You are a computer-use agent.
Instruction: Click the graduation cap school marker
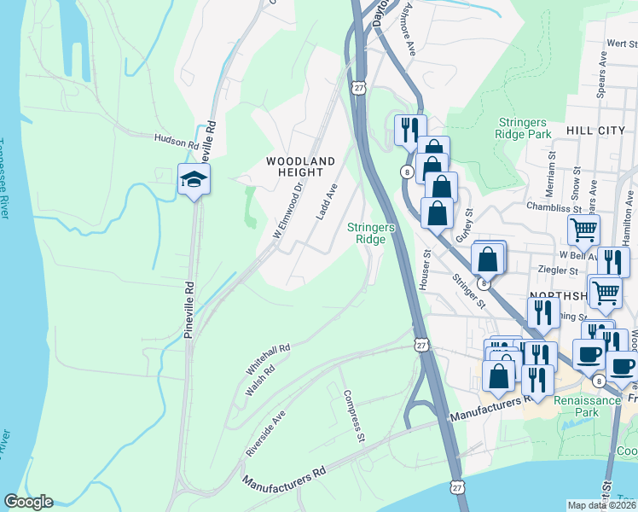tap(194, 179)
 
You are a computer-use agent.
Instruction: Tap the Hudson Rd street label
tap(176, 138)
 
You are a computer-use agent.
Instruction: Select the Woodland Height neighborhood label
tap(300, 166)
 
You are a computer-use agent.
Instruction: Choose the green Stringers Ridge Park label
tap(523, 128)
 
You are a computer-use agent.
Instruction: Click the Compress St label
tap(354, 417)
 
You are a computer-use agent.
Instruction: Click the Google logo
tap(28, 502)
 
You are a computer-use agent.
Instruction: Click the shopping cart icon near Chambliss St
tap(583, 229)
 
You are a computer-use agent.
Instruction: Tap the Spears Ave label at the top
tap(601, 75)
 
